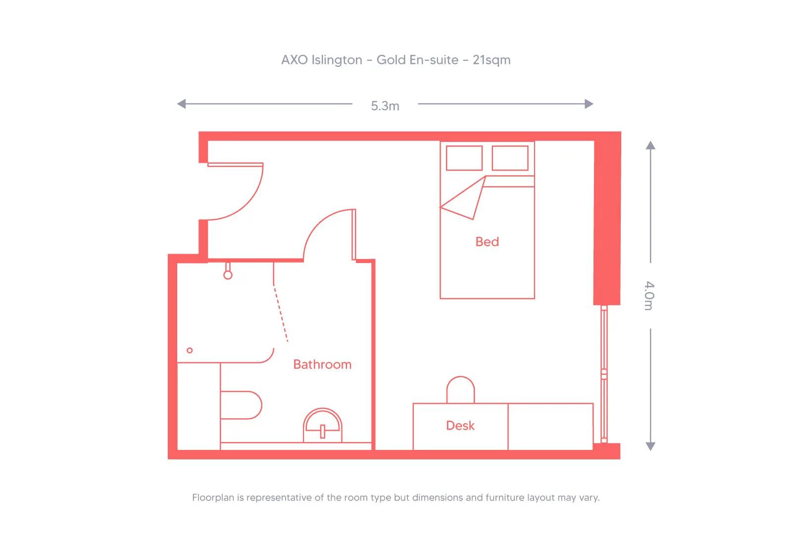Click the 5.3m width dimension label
pos(385,106)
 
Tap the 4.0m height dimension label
pos(649,296)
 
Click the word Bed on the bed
pos(487,242)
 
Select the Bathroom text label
pos(322,364)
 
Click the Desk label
pos(460,426)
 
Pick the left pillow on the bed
pos(464,158)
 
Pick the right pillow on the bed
pos(510,158)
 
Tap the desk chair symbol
pos(460,390)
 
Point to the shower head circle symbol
pos(228,275)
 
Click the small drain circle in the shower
pos(190,351)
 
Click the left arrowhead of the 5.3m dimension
pos(181,104)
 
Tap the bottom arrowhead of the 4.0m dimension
pos(650,446)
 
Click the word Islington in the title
pos(336,60)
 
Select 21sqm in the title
pos(492,60)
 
